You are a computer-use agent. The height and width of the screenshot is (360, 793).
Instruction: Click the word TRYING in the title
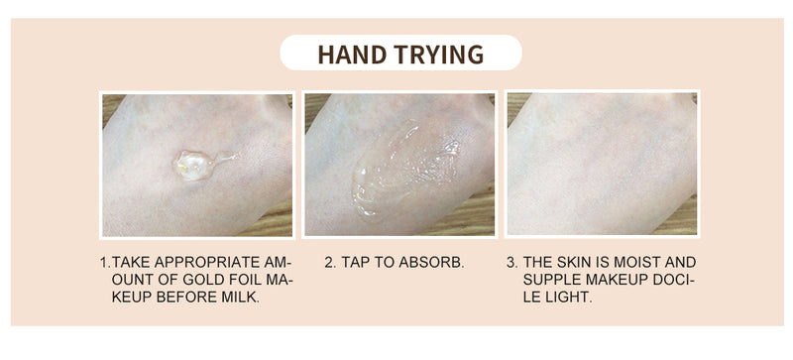438,55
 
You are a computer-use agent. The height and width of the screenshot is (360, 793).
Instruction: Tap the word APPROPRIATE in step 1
206,262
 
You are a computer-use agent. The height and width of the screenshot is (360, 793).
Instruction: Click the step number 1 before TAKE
104,262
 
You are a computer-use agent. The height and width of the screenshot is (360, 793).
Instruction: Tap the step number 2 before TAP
330,262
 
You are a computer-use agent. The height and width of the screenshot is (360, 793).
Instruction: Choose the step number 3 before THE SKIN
511,262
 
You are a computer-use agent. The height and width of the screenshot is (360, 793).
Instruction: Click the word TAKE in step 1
131,262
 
